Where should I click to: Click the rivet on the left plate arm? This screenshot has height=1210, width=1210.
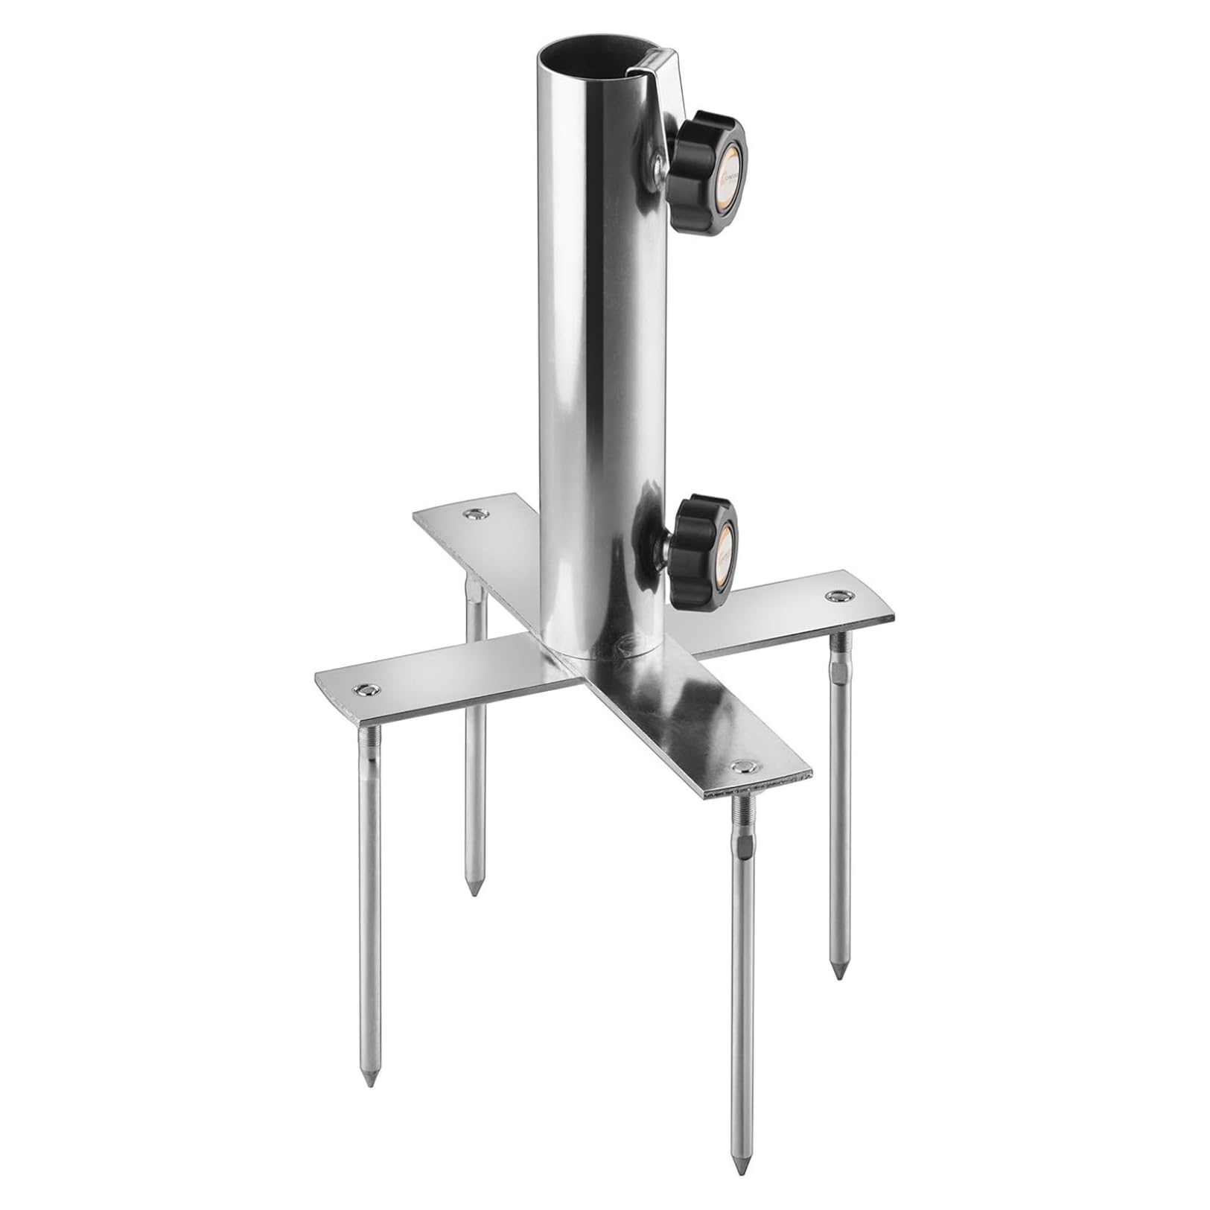point(366,689)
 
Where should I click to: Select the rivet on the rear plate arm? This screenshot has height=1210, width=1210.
point(474,514)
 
